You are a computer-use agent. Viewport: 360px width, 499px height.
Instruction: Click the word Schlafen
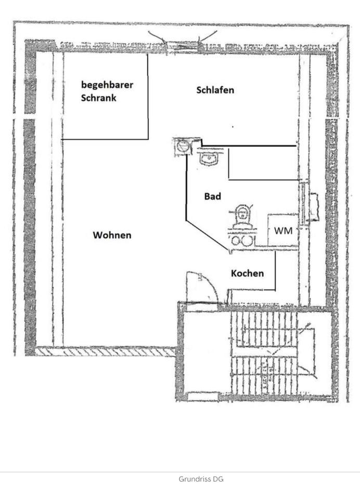[215, 90]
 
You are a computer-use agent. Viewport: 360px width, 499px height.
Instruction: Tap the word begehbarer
[107, 84]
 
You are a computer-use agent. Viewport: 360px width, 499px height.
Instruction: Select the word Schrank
[99, 97]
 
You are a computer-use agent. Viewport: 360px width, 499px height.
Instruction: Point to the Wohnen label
[112, 235]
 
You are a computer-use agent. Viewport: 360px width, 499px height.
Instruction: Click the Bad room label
[212, 196]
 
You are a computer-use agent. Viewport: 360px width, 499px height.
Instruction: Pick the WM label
[283, 230]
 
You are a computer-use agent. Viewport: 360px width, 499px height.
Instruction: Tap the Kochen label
[247, 273]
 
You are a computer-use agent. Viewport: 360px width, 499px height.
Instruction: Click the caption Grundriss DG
[201, 479]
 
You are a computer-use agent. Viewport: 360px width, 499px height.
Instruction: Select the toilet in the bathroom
[241, 216]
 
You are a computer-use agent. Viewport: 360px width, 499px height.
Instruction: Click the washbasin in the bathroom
[210, 157]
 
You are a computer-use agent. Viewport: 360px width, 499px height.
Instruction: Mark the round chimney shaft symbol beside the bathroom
[182, 146]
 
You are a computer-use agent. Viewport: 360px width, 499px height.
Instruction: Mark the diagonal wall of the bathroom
[207, 237]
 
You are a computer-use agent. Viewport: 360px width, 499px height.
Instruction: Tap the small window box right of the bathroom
[315, 207]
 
